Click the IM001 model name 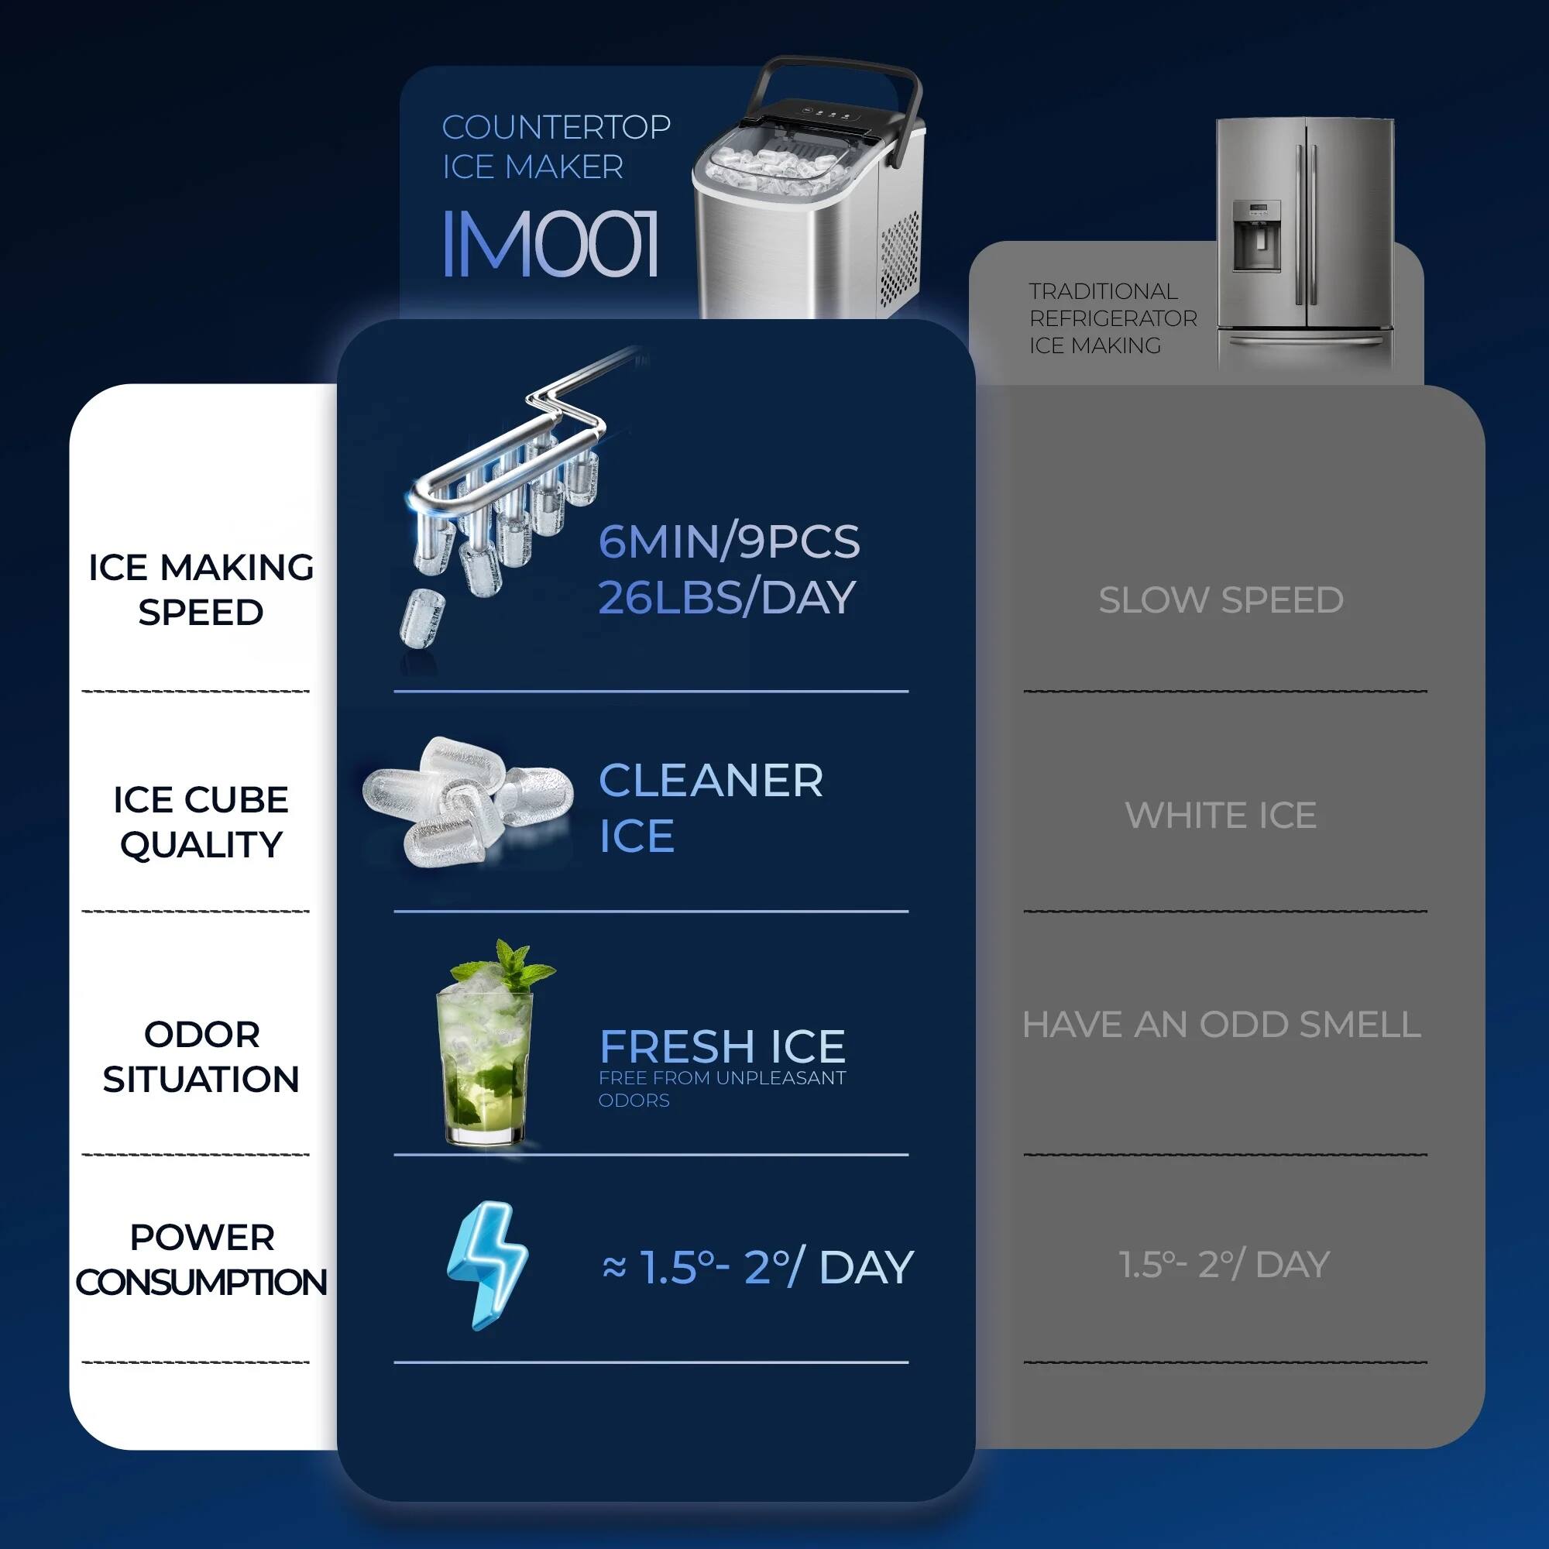click(550, 244)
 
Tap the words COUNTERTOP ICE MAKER click(555, 147)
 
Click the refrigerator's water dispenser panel click(1255, 235)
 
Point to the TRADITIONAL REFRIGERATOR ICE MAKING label click(1112, 318)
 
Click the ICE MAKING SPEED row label click(201, 590)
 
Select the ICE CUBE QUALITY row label click(201, 822)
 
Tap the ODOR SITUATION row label click(201, 1056)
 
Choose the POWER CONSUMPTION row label click(201, 1259)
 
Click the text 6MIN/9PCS click(729, 542)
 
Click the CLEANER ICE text click(710, 808)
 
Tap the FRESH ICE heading click(722, 1046)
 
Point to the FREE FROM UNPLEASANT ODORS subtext click(722, 1089)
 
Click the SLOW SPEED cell click(1221, 600)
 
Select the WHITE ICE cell click(1221, 816)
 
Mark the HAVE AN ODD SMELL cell click(1221, 1025)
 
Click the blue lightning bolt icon click(486, 1265)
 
